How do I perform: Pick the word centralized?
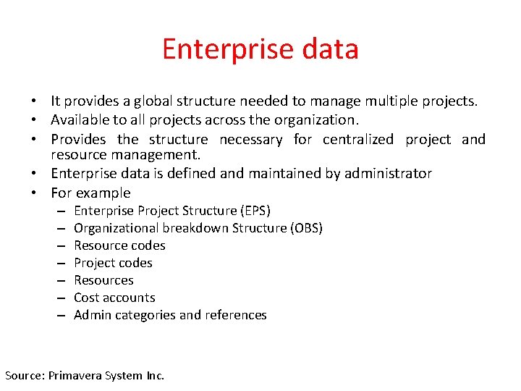point(358,139)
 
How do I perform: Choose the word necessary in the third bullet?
point(250,139)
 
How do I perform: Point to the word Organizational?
point(118,228)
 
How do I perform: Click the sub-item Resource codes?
point(119,245)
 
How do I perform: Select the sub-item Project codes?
point(113,263)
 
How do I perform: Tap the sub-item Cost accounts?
point(114,298)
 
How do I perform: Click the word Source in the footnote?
point(24,375)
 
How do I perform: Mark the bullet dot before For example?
point(34,193)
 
